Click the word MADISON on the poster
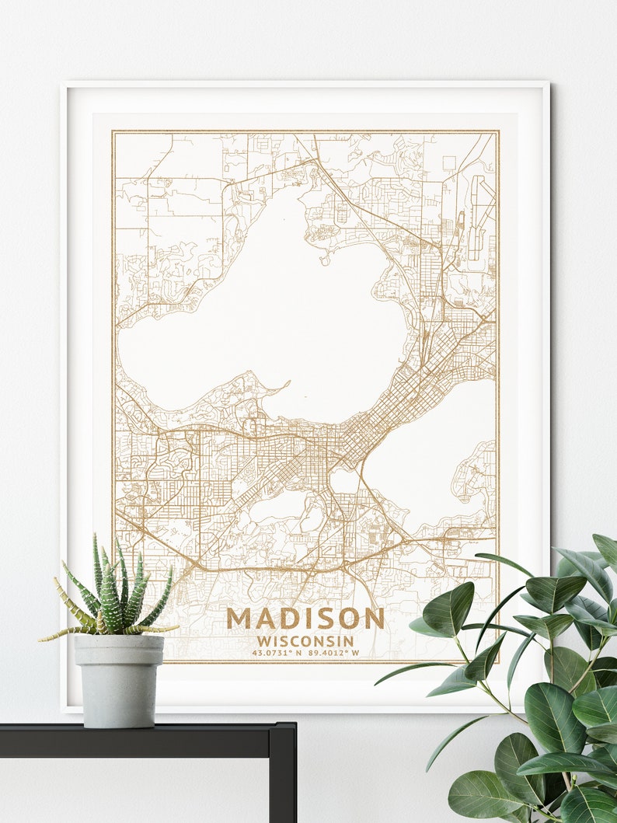[x=305, y=619]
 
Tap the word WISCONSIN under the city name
[x=305, y=641]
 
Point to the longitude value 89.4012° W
[x=333, y=653]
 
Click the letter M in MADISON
[x=239, y=619]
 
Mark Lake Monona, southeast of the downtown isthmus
[x=427, y=451]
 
